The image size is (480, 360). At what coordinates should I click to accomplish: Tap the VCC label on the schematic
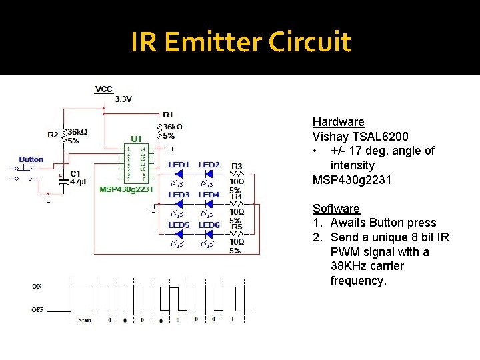pos(104,89)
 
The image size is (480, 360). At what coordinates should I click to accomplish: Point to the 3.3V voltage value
pos(123,99)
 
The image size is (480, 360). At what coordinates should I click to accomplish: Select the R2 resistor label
pos(53,135)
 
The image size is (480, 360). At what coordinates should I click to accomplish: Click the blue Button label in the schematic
pos(31,159)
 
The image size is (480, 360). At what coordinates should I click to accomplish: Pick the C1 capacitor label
pos(75,173)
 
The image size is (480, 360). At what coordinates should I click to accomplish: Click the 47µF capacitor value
pos(79,181)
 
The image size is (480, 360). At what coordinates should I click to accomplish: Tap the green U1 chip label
pos(136,139)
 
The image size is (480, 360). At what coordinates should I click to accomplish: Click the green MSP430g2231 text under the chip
pos(126,189)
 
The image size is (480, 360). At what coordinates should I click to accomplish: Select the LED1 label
pos(179,165)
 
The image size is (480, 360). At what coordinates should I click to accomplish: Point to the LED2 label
pos(209,165)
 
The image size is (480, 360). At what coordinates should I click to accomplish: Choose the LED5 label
pos(179,225)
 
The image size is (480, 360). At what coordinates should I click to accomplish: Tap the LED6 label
pos(209,225)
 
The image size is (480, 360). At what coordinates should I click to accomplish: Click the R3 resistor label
pos(237,166)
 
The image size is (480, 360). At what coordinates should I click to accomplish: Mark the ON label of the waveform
pos(37,286)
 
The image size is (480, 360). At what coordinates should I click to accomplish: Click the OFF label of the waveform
pos(37,309)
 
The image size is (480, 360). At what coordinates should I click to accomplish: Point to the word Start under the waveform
pos(85,320)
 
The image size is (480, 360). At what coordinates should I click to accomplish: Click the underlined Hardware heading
pos(339,122)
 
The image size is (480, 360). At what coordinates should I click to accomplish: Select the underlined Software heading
pos(336,209)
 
